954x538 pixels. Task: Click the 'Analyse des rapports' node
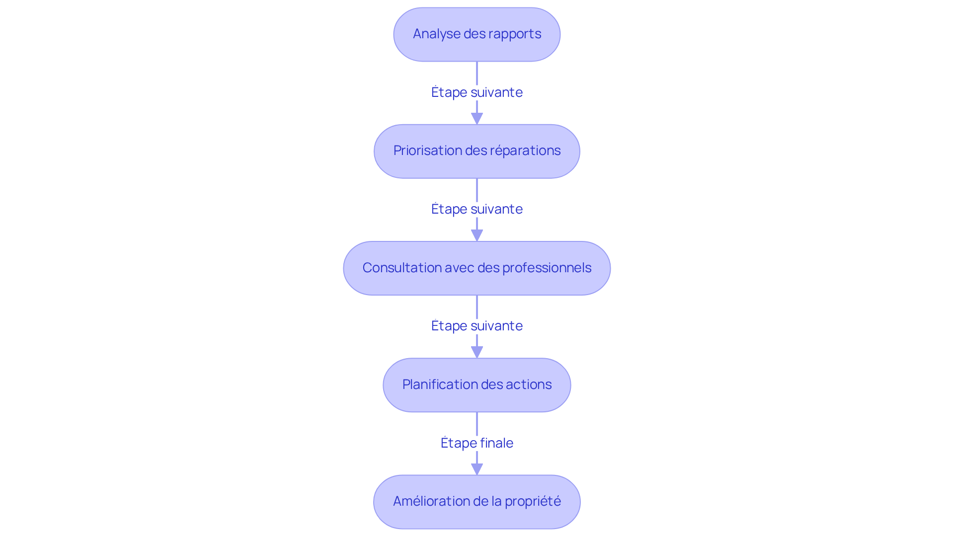(x=477, y=34)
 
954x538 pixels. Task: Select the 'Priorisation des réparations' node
(x=477, y=151)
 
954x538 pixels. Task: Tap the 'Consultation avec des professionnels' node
(x=477, y=268)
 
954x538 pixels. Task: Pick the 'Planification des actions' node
(x=477, y=385)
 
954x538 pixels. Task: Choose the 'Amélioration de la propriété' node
(x=477, y=502)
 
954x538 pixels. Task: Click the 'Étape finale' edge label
(x=477, y=443)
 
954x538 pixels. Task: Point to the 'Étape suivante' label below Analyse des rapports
(x=477, y=92)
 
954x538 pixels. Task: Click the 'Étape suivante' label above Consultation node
(x=477, y=209)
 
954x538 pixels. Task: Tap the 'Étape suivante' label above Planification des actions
(x=477, y=326)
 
